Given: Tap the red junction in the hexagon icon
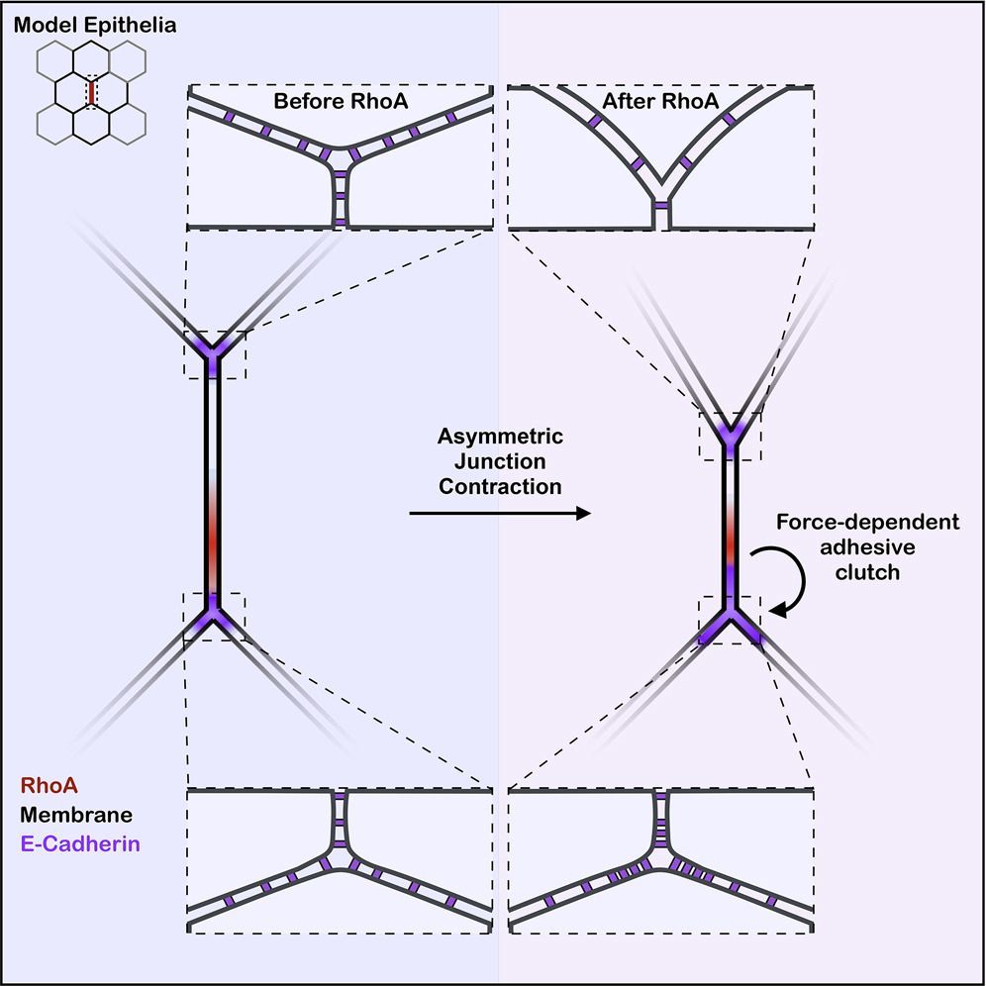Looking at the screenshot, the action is (x=91, y=92).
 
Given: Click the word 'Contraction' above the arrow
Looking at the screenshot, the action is (x=500, y=486).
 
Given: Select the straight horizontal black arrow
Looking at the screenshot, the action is (x=500, y=513).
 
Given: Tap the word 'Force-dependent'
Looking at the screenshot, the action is (x=866, y=523).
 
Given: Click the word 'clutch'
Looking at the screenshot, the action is (x=867, y=571).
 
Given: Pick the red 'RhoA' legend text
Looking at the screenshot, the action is (x=48, y=785).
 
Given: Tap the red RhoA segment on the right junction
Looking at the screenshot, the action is (x=731, y=543).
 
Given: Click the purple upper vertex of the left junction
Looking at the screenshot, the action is (x=212, y=349).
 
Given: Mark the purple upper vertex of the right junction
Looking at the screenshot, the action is (x=731, y=436).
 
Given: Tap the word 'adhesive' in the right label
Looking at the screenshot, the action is (x=867, y=547).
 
